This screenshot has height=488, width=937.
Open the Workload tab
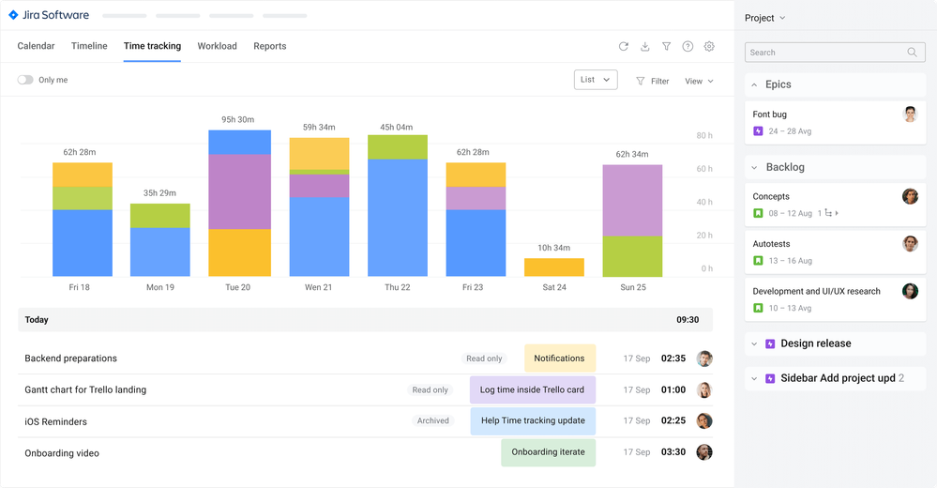(x=217, y=46)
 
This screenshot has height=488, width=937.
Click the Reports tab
(x=270, y=46)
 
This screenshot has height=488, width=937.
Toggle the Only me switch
(x=25, y=81)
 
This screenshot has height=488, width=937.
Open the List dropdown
(x=596, y=80)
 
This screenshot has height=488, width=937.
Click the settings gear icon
(x=709, y=46)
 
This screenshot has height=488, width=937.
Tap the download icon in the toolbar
(x=645, y=46)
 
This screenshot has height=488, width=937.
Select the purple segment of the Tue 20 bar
(x=239, y=191)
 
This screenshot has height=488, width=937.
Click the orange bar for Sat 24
(x=554, y=267)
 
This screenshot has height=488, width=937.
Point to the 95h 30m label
(x=239, y=119)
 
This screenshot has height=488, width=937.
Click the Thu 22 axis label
(x=397, y=287)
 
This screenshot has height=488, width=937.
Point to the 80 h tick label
(x=704, y=136)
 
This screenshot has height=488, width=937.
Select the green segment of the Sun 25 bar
(x=632, y=256)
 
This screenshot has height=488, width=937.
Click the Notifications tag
(x=560, y=358)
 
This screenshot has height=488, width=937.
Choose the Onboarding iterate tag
(x=548, y=452)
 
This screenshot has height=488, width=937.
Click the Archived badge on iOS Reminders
(x=433, y=421)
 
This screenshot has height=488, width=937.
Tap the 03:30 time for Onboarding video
(x=673, y=452)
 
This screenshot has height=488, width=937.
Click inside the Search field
(x=825, y=53)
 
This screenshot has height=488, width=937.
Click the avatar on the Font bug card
(x=910, y=114)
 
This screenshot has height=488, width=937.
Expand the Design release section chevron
(x=754, y=343)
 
